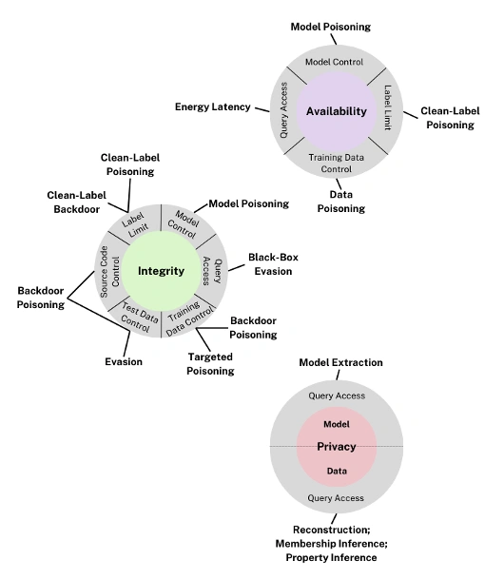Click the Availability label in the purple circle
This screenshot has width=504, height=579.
[336, 111]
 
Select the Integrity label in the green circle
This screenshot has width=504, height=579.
[160, 271]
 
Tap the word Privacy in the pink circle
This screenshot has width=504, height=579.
[337, 446]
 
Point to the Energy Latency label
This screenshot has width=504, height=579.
[212, 107]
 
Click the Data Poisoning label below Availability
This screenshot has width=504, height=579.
[340, 202]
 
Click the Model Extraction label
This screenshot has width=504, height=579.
[340, 363]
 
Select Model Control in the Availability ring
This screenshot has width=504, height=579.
[336, 62]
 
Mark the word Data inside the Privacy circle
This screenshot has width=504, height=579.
[337, 470]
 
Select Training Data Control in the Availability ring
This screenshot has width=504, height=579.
[336, 164]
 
